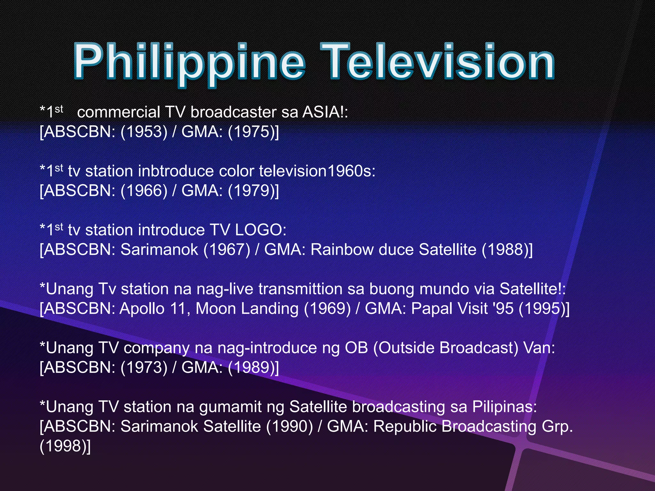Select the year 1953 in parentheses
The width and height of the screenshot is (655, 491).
coord(144,132)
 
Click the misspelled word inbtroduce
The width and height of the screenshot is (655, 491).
coord(176,171)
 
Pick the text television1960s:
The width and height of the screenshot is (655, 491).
coord(317,171)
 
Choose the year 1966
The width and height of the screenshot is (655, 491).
coord(144,191)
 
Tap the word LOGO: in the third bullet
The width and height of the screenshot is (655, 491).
coord(261,230)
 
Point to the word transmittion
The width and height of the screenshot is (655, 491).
coord(301,289)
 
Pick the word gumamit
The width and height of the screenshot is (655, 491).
coord(231,407)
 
